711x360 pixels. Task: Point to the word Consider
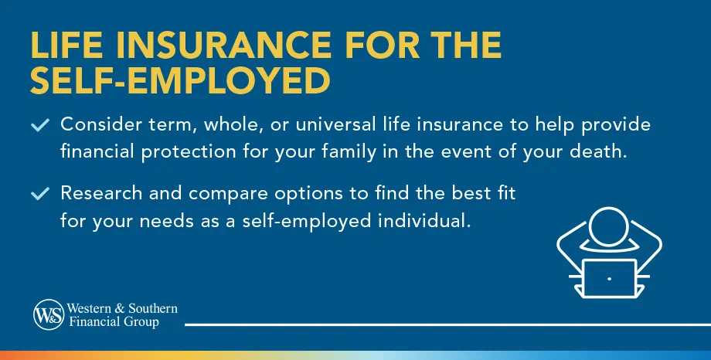[x=97, y=125]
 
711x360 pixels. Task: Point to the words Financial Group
[x=114, y=322]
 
